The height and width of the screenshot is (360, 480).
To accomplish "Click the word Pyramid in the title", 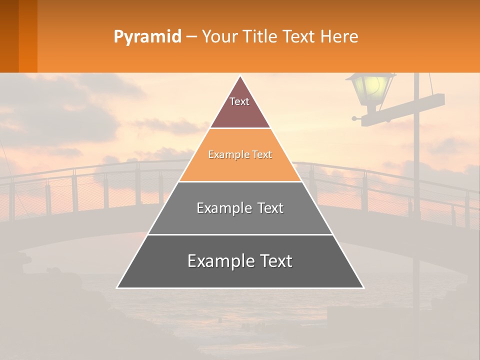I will click(x=147, y=37).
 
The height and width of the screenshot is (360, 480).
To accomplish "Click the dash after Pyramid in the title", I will click(x=191, y=37).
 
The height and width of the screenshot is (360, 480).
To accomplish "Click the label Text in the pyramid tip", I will click(x=239, y=101).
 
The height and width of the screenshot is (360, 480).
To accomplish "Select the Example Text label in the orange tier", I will click(x=240, y=155).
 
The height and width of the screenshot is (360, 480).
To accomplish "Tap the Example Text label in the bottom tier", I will click(x=240, y=261).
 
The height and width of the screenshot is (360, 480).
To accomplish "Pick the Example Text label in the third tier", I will click(x=240, y=208).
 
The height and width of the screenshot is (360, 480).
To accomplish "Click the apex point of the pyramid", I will click(x=240, y=76).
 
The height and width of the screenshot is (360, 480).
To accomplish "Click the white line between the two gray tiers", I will click(x=240, y=234).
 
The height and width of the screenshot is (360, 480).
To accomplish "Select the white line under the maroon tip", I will click(x=240, y=128).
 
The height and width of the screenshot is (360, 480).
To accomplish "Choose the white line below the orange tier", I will click(x=240, y=181).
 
